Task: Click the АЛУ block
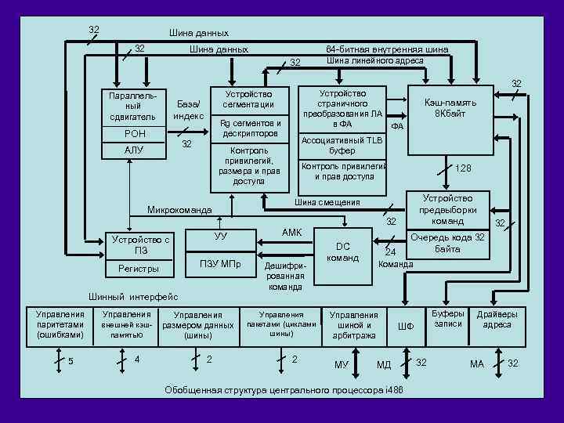coord(135,150)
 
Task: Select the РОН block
coord(135,134)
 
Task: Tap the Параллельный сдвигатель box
coord(135,106)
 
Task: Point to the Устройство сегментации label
coord(248,99)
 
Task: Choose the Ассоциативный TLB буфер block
coord(342,146)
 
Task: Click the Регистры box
coord(139,269)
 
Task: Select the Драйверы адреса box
coord(497,319)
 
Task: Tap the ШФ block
coord(405,325)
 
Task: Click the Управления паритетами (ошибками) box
coord(60,324)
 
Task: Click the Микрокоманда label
coord(179,210)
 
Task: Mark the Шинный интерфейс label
coord(133,297)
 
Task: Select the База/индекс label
coord(188,110)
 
